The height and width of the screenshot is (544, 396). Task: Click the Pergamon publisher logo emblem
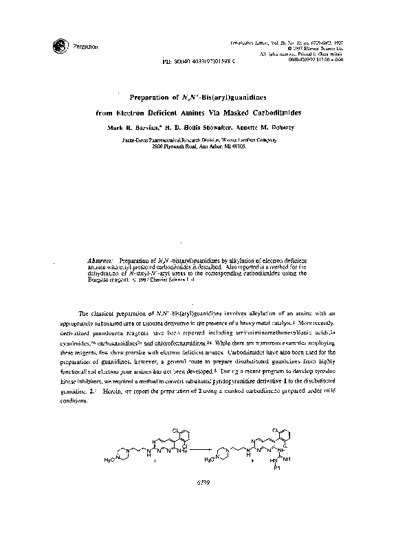pos(56,45)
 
